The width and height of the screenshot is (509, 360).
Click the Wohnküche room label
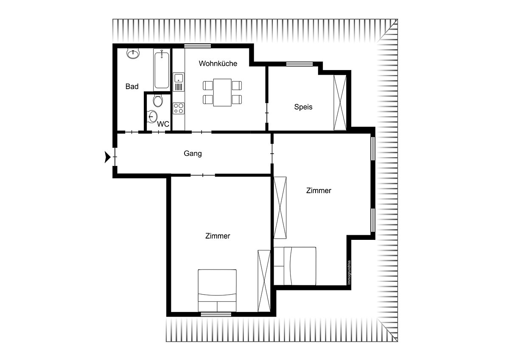[218, 63]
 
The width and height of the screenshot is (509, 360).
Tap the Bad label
[132, 87]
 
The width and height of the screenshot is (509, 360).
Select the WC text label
[163, 124]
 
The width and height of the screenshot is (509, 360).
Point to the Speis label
[303, 107]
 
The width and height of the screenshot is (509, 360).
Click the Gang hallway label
[193, 154]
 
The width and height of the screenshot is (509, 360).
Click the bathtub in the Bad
[162, 69]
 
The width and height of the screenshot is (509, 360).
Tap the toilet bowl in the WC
[158, 101]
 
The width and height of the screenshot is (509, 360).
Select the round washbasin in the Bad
[133, 53]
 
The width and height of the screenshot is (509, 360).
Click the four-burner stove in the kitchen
[179, 109]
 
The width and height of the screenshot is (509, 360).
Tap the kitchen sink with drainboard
[179, 82]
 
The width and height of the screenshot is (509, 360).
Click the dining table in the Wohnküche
[222, 92]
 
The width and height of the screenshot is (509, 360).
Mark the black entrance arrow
[107, 157]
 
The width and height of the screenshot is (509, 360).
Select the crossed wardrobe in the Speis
[340, 103]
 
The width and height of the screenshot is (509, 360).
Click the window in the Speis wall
[299, 64]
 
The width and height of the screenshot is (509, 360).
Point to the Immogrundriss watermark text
[349, 272]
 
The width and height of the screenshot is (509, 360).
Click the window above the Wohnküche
[198, 46]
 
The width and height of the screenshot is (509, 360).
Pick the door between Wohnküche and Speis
[267, 113]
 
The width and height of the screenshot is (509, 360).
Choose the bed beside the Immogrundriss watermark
[295, 266]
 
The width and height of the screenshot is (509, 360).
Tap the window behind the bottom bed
[216, 314]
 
